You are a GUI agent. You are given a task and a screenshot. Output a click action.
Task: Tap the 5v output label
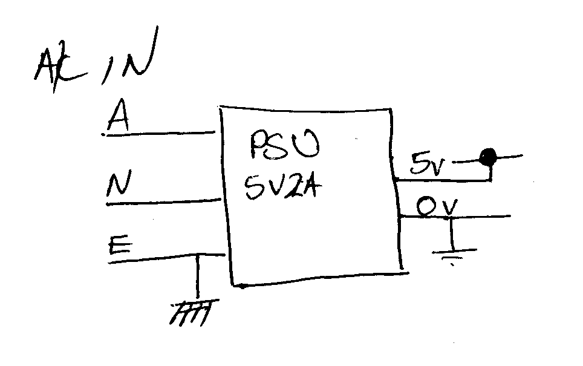point(427,165)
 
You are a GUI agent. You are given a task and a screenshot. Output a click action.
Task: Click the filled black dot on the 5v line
point(486,159)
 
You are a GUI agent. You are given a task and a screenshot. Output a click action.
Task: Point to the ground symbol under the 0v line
point(450,253)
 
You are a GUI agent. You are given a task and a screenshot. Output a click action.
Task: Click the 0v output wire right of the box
point(484,216)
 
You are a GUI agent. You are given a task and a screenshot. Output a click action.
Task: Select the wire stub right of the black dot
point(508,157)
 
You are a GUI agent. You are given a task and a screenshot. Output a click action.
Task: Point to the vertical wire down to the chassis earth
point(197,278)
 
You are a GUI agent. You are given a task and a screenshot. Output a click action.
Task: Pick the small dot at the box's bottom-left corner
point(241,285)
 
